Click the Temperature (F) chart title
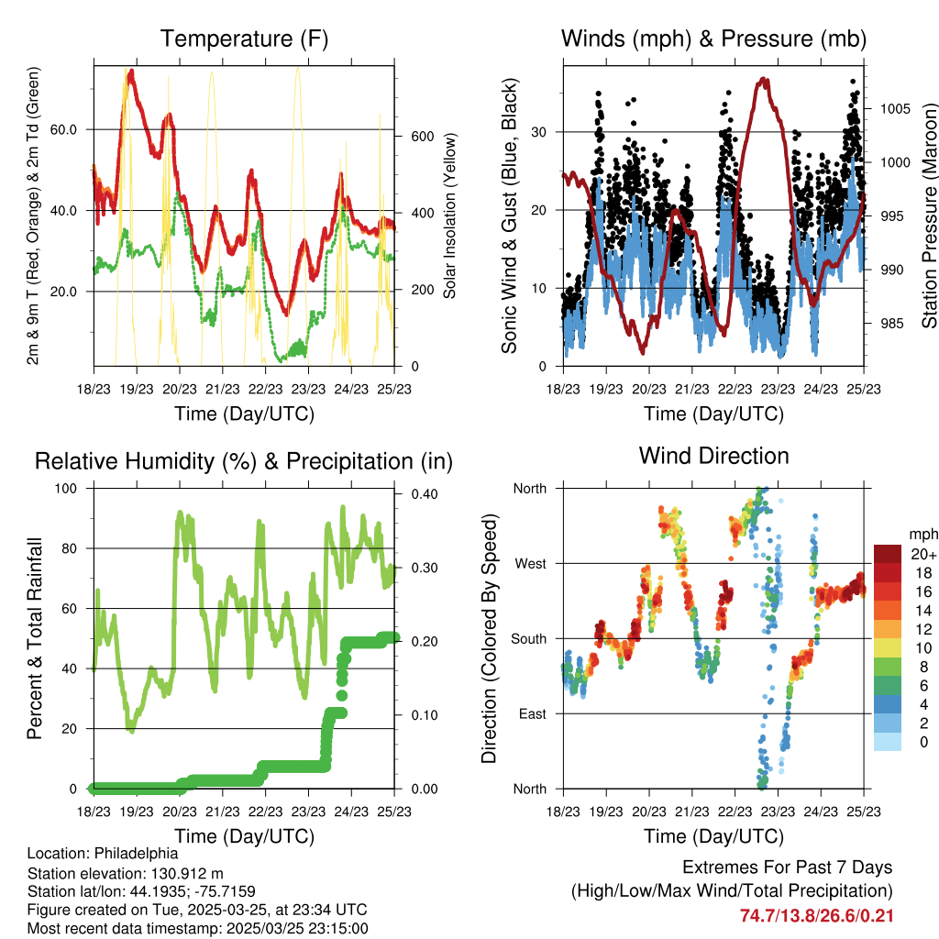pos(244,39)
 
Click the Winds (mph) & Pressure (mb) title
pos(714,39)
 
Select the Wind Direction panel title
pos(713,455)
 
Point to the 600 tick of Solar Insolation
pos(419,136)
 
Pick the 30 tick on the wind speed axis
pos(540,132)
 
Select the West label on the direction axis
pos(530,564)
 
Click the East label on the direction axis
pos(531,713)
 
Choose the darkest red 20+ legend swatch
pos(887,554)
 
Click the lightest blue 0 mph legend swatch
pos(887,741)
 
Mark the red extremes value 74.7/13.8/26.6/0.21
pos(816,915)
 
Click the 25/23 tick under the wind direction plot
pos(864,812)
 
